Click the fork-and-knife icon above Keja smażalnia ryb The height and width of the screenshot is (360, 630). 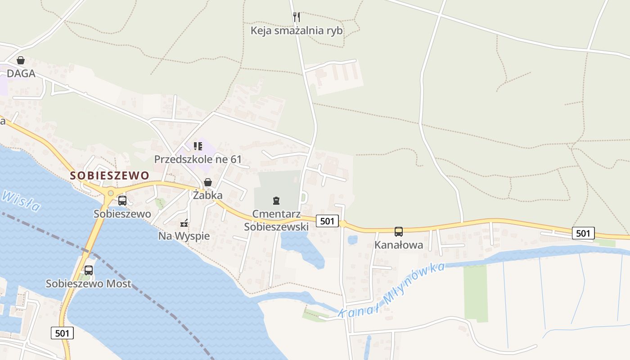[x=296, y=17]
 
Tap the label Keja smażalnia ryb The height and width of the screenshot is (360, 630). [x=297, y=31]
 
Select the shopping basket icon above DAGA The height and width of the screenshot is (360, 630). [x=21, y=60]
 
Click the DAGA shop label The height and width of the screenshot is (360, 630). [x=21, y=73]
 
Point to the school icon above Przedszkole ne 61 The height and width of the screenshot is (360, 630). [x=198, y=146]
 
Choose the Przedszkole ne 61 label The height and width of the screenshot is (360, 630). [x=198, y=159]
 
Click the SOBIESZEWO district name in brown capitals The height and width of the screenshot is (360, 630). [x=110, y=175]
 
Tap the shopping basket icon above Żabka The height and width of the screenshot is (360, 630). [x=208, y=182]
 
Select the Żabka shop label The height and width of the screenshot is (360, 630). [x=208, y=195]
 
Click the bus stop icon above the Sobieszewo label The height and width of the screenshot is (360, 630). [x=122, y=201]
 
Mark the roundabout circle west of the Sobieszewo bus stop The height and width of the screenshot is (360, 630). [x=110, y=193]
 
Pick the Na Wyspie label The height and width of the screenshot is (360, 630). [x=184, y=236]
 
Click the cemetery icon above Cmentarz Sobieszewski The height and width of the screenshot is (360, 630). [x=276, y=200]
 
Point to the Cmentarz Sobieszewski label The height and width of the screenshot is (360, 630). [x=276, y=220]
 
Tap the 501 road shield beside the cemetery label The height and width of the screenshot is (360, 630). [x=327, y=221]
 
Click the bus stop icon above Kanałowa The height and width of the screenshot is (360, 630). [x=399, y=232]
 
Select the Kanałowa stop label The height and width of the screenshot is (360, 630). [x=399, y=245]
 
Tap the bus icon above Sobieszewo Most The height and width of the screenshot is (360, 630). [x=89, y=270]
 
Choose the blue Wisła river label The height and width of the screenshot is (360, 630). [x=20, y=201]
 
